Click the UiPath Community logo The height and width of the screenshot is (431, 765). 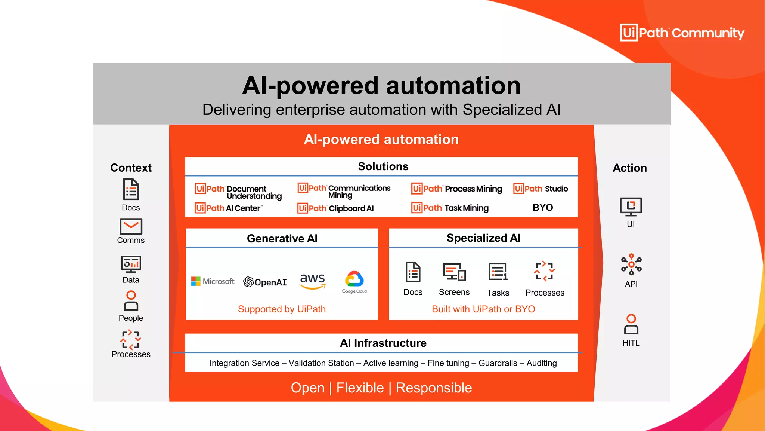682,33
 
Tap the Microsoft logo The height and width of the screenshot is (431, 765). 213,281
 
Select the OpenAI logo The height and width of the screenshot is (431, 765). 265,282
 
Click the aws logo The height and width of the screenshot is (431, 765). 313,281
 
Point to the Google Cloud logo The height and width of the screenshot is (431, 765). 354,282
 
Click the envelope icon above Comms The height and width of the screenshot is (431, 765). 131,227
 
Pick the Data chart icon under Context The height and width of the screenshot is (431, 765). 131,264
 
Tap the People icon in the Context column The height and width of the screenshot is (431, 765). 131,301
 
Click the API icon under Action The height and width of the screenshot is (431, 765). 631,265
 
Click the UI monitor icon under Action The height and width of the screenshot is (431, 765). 631,207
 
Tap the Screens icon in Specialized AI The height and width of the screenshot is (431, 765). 454,272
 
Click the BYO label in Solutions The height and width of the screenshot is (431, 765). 543,208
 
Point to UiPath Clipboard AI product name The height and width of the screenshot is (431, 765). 335,208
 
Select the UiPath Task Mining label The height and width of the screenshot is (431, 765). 450,208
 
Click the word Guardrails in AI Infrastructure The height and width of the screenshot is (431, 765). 498,363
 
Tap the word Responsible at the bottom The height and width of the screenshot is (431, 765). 434,388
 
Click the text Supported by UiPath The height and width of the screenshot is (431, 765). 282,309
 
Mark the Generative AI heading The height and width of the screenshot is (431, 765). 282,238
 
